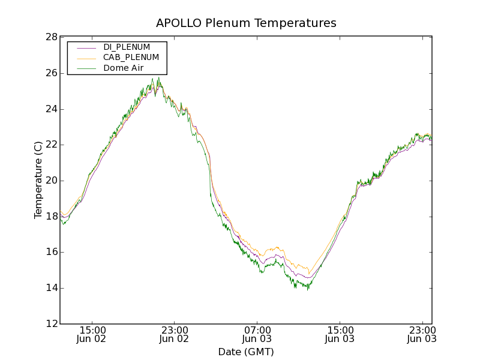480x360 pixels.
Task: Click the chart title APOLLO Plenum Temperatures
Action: click(246, 23)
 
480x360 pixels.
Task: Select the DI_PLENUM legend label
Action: click(127, 47)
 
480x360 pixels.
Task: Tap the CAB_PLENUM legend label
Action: click(131, 57)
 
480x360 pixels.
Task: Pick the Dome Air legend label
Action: click(123, 68)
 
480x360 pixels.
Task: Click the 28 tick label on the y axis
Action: click(51, 37)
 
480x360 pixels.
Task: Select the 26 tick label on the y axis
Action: click(51, 73)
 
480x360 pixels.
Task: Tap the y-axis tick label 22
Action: click(51, 145)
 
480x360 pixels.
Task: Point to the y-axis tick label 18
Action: click(51, 216)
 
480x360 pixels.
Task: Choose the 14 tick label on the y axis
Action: click(51, 288)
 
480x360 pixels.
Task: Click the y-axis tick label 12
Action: click(51, 324)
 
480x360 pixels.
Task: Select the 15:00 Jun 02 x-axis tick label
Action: click(92, 334)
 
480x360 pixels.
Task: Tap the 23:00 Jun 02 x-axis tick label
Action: click(175, 334)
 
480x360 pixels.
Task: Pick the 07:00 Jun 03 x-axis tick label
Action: click(257, 334)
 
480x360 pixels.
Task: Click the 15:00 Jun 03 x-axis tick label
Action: click(340, 334)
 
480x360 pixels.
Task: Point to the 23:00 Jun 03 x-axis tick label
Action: click(421, 334)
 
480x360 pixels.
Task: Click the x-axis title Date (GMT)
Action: click(246, 352)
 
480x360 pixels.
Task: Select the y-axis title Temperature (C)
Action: click(38, 180)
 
